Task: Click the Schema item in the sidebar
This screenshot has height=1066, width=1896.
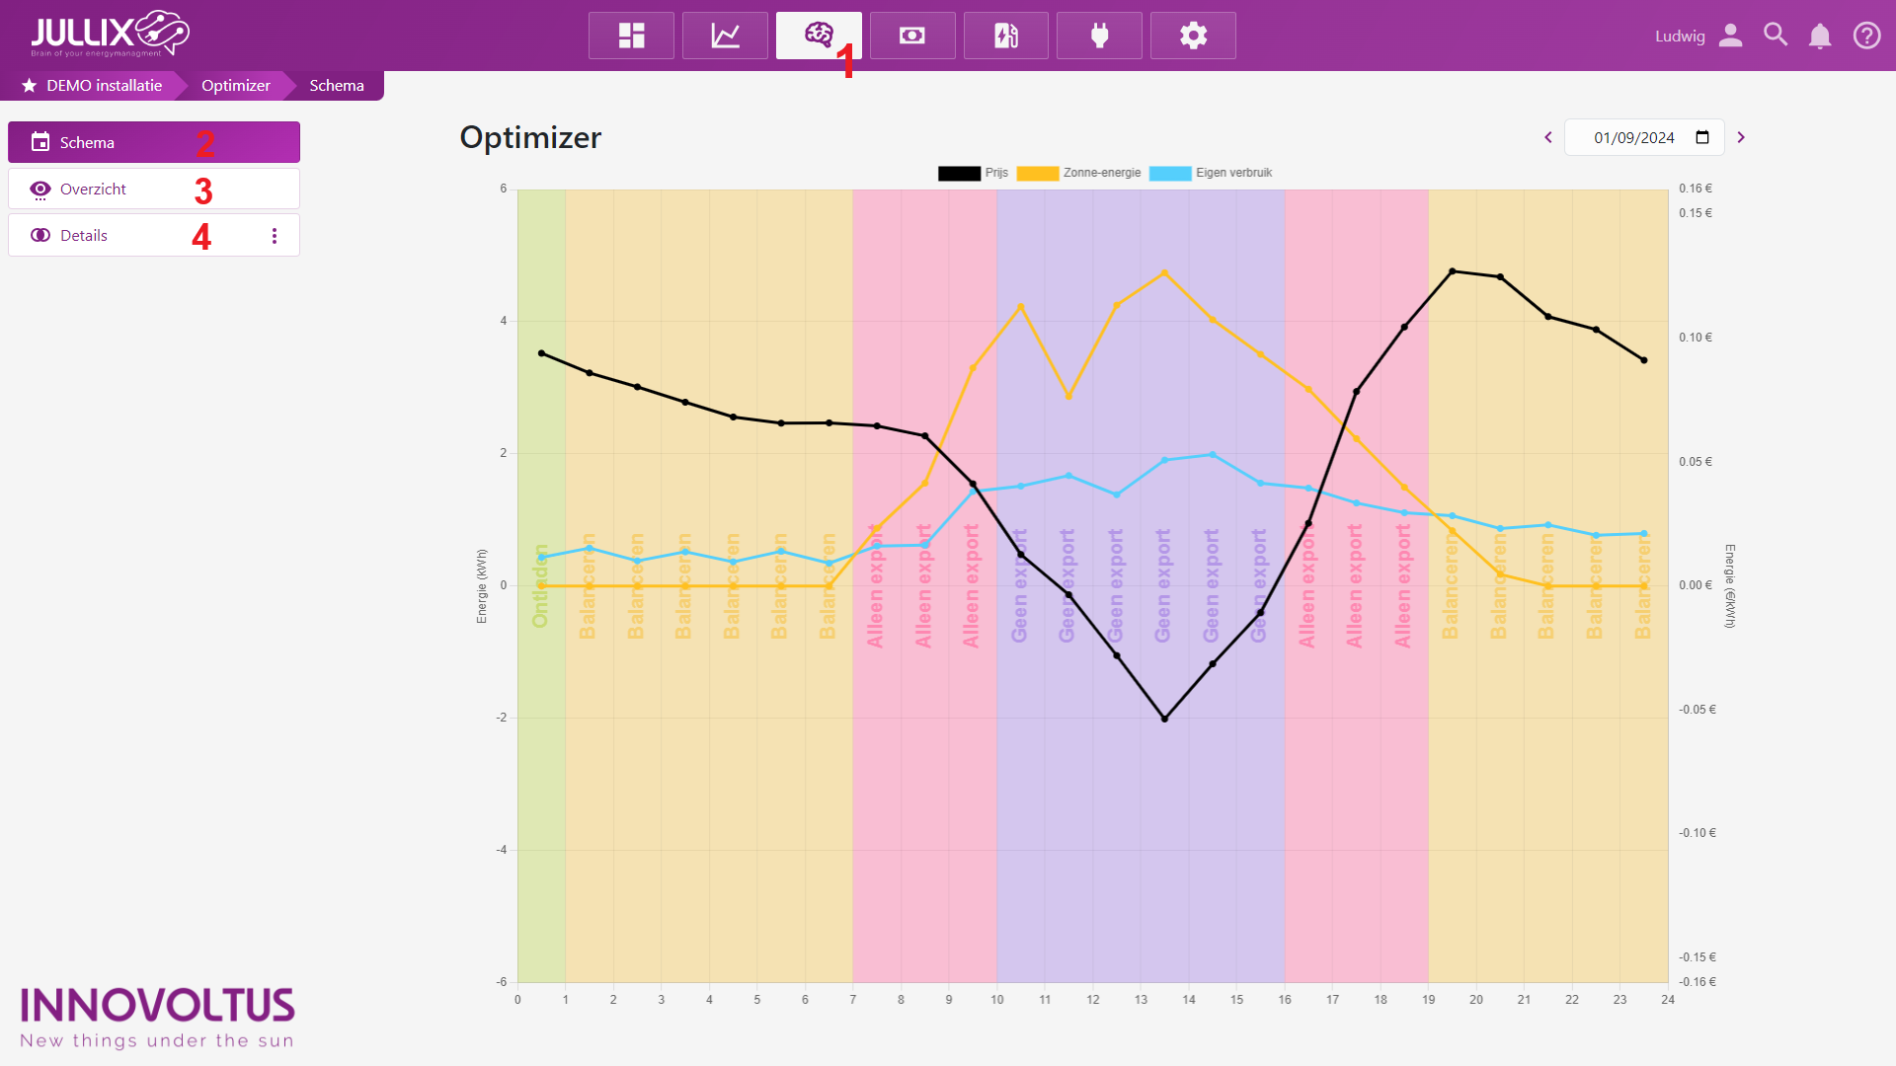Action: pos(87,142)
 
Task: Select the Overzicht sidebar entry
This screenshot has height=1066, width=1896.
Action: pos(93,189)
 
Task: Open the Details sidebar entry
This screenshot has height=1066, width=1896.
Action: pos(84,235)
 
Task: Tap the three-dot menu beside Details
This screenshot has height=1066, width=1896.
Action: pos(275,236)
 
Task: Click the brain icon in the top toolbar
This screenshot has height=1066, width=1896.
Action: pos(818,36)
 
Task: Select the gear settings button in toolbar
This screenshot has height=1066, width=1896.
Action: pos(1193,36)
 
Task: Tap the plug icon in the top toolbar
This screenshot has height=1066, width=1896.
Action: pos(1099,36)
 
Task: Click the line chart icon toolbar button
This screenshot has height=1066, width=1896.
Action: pos(725,36)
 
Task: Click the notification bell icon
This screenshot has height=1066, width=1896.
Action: pos(1820,36)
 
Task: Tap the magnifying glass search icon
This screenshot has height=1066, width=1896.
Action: pos(1776,35)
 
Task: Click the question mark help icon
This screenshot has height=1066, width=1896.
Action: pos(1866,36)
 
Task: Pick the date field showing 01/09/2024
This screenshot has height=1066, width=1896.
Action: pos(1634,137)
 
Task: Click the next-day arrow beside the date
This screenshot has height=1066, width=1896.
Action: pos(1741,137)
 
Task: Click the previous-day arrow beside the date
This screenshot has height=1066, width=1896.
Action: pos(1548,137)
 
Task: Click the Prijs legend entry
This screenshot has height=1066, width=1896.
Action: pos(973,173)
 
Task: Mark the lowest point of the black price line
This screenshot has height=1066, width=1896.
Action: pos(1164,719)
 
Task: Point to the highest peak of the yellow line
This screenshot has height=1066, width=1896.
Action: pos(1164,272)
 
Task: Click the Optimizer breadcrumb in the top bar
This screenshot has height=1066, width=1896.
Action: pos(235,85)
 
